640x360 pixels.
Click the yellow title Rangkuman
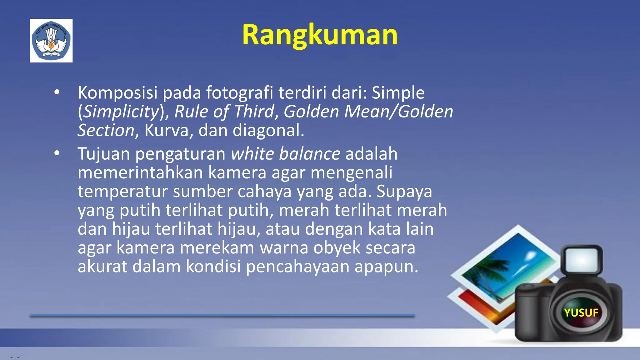(x=320, y=35)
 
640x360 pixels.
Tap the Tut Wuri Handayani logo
(x=51, y=41)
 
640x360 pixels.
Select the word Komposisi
(x=117, y=93)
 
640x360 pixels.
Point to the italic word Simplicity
(x=122, y=112)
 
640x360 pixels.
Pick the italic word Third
(x=254, y=112)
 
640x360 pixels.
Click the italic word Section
(x=106, y=130)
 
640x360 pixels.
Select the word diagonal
(x=267, y=130)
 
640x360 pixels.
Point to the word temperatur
(x=122, y=192)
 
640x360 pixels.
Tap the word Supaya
(x=404, y=192)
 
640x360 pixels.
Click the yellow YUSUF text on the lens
(x=581, y=312)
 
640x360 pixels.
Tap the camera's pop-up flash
(x=582, y=259)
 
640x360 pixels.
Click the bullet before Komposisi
(x=57, y=92)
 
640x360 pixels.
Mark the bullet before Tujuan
(x=57, y=153)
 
